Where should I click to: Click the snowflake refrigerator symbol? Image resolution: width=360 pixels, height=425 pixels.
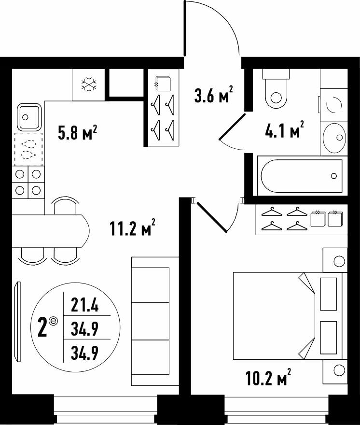pos(89,84)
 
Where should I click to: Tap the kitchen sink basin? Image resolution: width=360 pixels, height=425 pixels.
pos(29,117)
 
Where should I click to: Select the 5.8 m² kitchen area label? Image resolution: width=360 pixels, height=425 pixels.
pos(78,133)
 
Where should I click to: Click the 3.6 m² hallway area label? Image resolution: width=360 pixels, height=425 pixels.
pos(213,94)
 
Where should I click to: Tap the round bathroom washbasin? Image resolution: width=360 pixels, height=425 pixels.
pos(335,137)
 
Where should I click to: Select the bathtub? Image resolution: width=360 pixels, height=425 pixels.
pos(302,176)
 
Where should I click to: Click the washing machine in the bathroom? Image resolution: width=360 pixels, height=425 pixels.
pos(334,104)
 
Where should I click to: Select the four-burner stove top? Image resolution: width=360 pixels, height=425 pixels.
pos(28,183)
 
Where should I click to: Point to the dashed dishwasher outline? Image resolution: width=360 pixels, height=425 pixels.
pos(29,149)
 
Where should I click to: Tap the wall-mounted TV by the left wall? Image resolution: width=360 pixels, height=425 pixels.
pos(18,322)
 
